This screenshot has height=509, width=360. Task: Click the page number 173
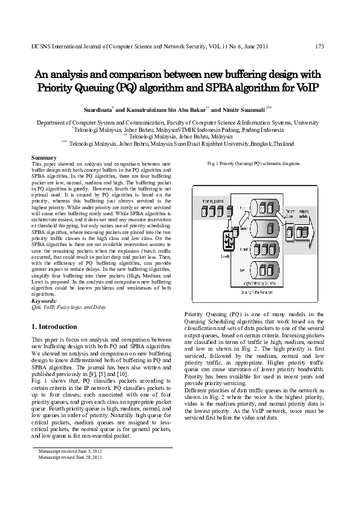tap(320, 46)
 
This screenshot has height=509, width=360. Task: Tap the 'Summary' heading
tap(44, 158)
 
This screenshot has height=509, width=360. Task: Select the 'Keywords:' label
tap(45, 300)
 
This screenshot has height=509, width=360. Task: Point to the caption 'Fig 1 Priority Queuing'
tap(244, 164)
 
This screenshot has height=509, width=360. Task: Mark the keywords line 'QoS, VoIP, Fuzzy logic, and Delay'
tap(69, 307)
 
